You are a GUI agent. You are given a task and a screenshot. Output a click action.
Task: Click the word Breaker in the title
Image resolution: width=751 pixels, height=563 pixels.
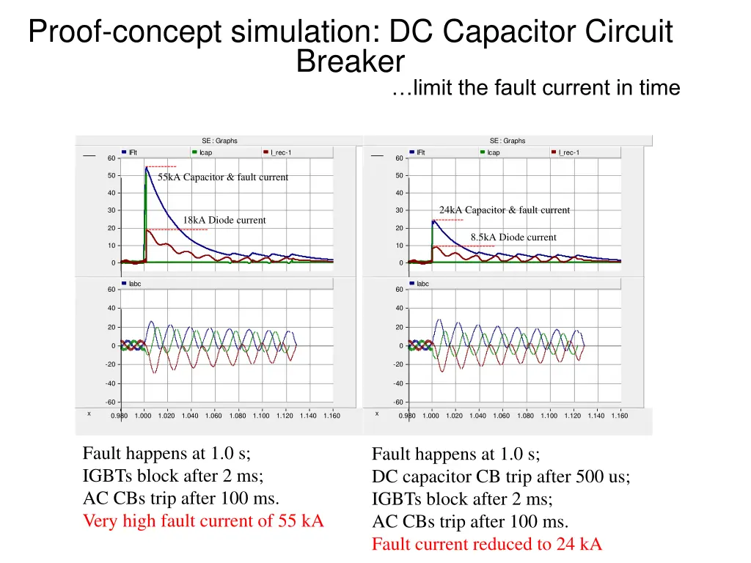(x=350, y=62)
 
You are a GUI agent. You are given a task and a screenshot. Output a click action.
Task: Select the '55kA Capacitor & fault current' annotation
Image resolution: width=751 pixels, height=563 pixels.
(x=223, y=177)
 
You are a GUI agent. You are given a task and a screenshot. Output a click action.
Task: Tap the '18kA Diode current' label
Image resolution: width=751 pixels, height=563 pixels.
(x=224, y=220)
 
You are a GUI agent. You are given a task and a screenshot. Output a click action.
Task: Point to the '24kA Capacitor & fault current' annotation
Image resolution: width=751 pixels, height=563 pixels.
(x=505, y=210)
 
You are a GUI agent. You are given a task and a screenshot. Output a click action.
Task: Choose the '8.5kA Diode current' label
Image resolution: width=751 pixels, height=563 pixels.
(x=513, y=238)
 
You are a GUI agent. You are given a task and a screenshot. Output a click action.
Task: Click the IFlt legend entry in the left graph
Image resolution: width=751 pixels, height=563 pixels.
(x=132, y=152)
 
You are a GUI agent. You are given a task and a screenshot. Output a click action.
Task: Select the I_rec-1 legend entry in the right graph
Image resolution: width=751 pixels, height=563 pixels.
(x=568, y=152)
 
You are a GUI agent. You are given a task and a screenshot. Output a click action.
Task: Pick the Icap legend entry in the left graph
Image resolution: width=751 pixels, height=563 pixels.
(x=205, y=152)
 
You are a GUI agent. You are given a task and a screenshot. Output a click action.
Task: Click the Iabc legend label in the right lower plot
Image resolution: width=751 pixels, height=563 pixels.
(x=422, y=284)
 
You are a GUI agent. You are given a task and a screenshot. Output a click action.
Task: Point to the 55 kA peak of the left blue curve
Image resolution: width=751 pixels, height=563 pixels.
(x=146, y=168)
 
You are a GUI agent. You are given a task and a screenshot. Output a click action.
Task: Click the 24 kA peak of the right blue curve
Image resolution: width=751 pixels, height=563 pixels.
(x=433, y=221)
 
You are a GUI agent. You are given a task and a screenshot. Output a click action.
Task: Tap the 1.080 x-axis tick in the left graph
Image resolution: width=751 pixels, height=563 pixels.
(x=238, y=416)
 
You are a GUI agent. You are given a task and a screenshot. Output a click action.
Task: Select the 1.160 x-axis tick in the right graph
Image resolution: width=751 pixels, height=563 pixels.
(x=619, y=416)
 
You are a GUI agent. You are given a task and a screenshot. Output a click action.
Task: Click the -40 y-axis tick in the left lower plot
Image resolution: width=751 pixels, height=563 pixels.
(x=110, y=383)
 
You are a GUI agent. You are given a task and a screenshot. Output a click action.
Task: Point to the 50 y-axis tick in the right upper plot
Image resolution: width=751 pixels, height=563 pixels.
(x=399, y=176)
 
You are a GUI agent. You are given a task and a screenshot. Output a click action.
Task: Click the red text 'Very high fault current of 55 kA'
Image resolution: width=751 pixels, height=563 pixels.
(x=203, y=522)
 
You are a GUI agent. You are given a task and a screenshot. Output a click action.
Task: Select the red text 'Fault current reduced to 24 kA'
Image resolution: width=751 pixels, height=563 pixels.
(x=486, y=545)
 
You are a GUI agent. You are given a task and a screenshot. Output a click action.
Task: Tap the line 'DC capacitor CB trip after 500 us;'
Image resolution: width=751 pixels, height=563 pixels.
(x=501, y=476)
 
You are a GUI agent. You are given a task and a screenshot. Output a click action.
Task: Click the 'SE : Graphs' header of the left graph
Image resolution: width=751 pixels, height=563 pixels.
(x=219, y=141)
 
